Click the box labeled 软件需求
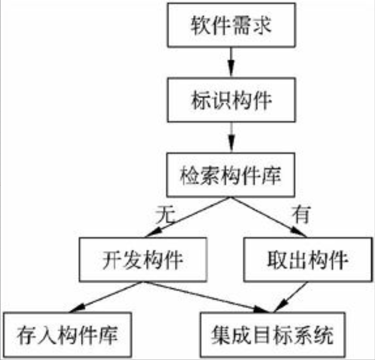(231, 25)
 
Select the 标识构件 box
(231, 100)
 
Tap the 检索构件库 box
(231, 175)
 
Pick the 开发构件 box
(143, 260)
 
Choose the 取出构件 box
(308, 260)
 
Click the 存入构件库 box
(67, 335)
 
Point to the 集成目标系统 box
(272, 335)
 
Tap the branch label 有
(301, 215)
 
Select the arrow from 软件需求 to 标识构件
(231, 62)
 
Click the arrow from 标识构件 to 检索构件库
(231, 137)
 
